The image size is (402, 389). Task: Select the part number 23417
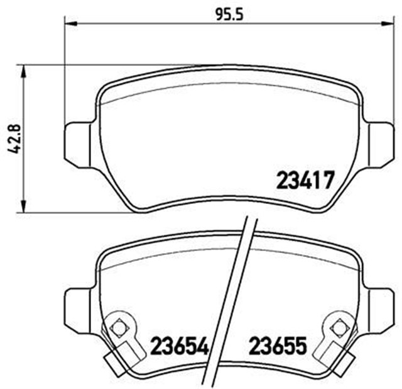click(x=303, y=183)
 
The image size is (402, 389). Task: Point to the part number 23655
click(x=278, y=346)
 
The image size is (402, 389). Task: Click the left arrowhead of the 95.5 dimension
click(x=70, y=25)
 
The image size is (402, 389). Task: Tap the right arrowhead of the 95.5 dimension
click(x=388, y=25)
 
